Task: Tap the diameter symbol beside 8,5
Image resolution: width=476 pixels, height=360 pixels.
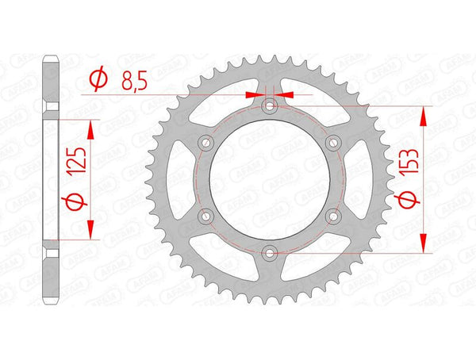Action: tap(98, 79)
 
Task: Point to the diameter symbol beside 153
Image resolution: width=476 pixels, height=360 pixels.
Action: tap(409, 205)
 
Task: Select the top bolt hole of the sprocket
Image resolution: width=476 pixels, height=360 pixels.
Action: tap(270, 105)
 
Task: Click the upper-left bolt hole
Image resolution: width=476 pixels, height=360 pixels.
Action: tap(206, 143)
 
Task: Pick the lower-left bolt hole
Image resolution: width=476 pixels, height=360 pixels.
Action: tap(206, 216)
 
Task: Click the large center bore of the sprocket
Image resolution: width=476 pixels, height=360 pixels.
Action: tap(270, 179)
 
